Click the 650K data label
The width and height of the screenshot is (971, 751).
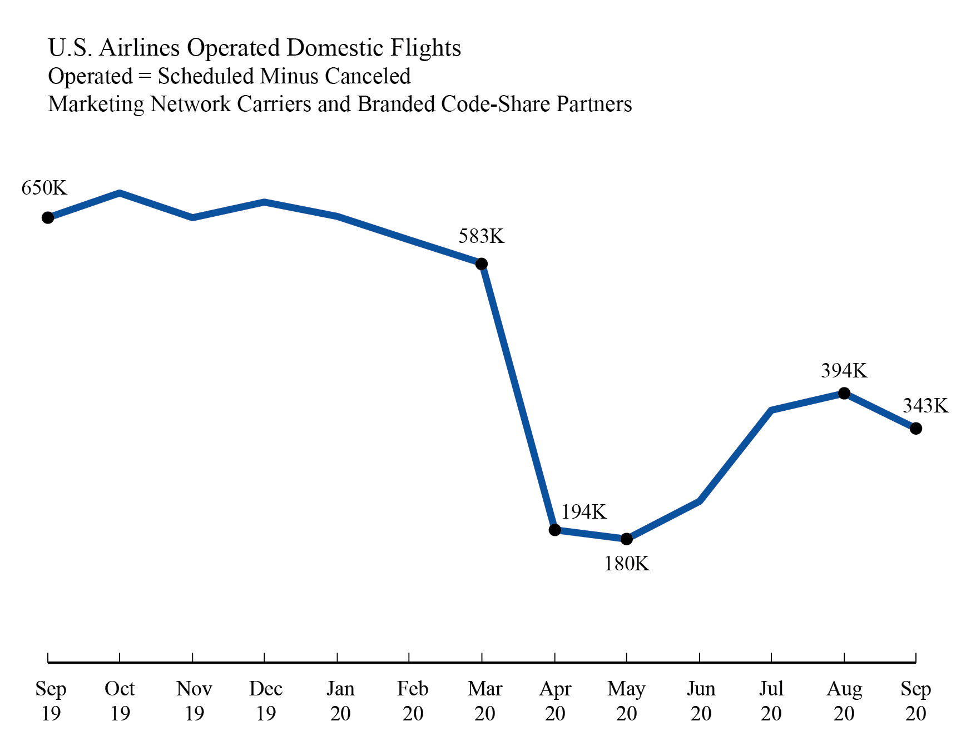pyautogui.click(x=44, y=188)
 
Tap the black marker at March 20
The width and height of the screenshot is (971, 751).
pyautogui.click(x=482, y=263)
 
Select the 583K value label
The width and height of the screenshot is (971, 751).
pyautogui.click(x=481, y=237)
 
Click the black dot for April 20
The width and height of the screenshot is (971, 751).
pyautogui.click(x=554, y=530)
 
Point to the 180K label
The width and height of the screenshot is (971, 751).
pyautogui.click(x=627, y=564)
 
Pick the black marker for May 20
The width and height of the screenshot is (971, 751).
pyautogui.click(x=626, y=539)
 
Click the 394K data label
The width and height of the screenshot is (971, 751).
pyautogui.click(x=844, y=371)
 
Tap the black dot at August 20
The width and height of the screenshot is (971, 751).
pyautogui.click(x=844, y=393)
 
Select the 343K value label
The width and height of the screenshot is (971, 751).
pyautogui.click(x=925, y=406)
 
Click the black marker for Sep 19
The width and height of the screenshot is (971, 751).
pyautogui.click(x=48, y=217)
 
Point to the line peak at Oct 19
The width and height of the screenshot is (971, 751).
pyautogui.click(x=120, y=193)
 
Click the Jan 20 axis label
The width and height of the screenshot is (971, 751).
pyautogui.click(x=340, y=700)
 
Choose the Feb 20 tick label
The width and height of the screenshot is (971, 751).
pyautogui.click(x=413, y=700)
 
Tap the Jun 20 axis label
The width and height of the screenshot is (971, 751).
pyautogui.click(x=701, y=700)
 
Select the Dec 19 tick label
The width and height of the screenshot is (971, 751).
pyautogui.click(x=266, y=700)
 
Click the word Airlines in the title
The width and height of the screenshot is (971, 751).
pyautogui.click(x=140, y=48)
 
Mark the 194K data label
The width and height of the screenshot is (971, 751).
pyautogui.click(x=583, y=512)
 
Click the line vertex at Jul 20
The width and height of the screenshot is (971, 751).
pyautogui.click(x=771, y=410)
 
